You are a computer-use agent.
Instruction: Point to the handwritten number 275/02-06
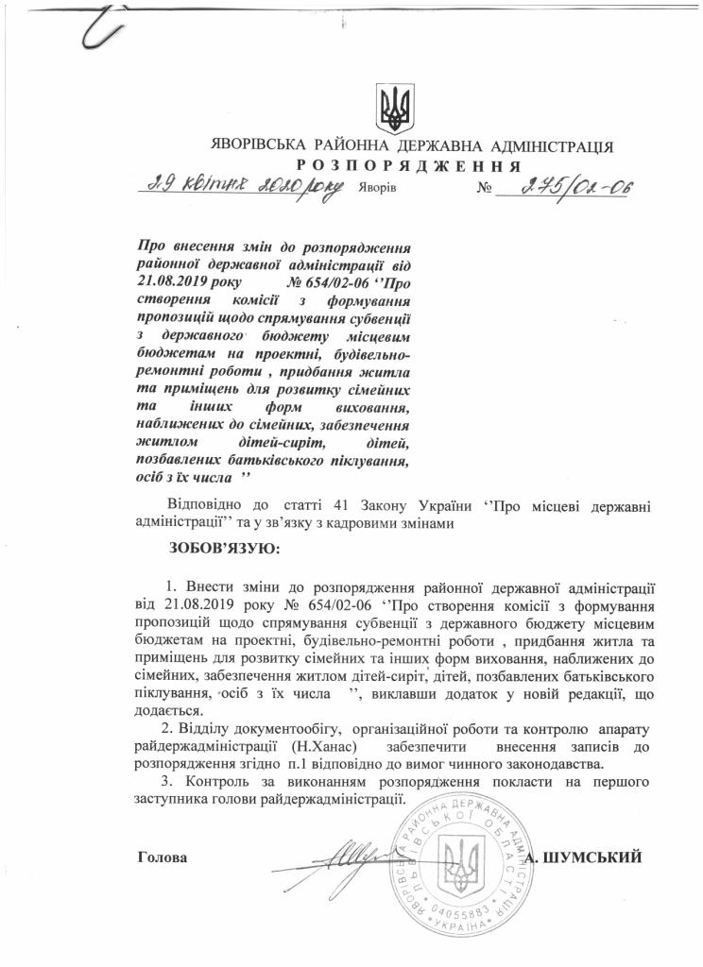click(566, 186)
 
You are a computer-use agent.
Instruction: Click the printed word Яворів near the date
click(377, 188)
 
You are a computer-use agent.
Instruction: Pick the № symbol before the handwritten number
click(488, 188)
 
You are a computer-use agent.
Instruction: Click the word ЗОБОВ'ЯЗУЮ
click(225, 548)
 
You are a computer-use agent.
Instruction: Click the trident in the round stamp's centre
click(463, 863)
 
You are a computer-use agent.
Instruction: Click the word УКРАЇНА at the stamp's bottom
click(463, 930)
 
